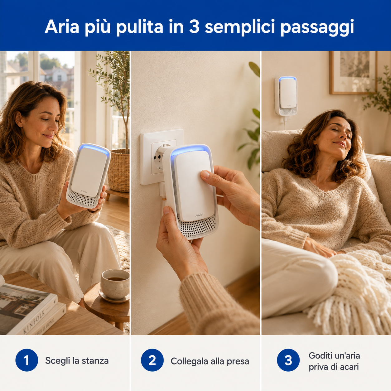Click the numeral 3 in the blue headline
point(194,26)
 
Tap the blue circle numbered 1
point(27,360)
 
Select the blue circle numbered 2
point(152,360)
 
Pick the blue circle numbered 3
point(288,360)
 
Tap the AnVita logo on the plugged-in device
point(199,215)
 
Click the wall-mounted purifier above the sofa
point(286,96)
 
